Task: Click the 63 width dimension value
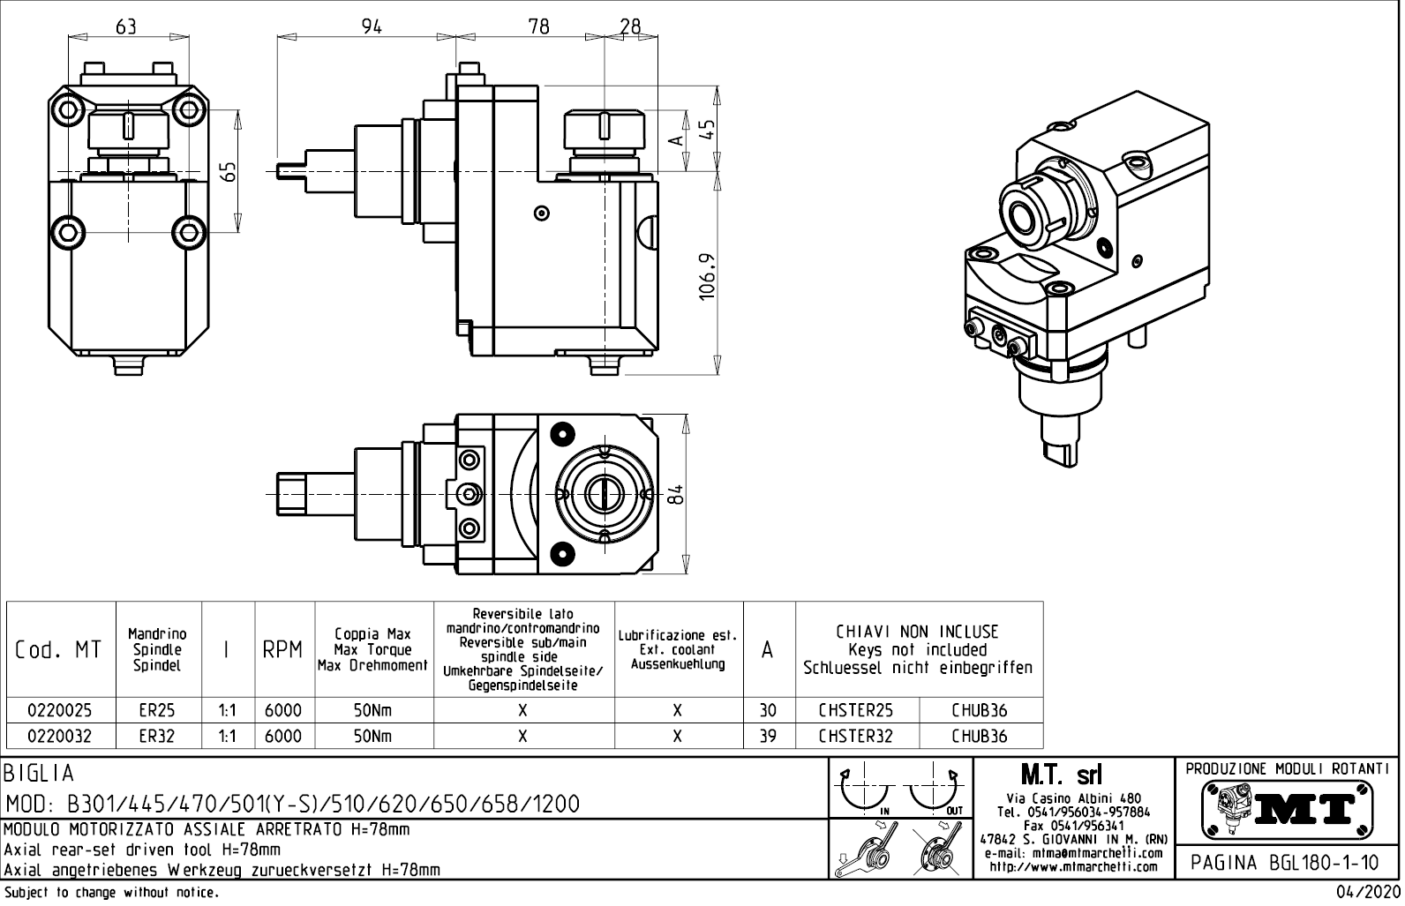(x=126, y=26)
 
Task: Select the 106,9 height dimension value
(x=707, y=276)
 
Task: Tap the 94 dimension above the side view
(x=372, y=26)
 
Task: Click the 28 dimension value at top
(x=629, y=26)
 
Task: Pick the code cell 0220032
(x=60, y=736)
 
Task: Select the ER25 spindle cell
(x=157, y=710)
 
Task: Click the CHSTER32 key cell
(x=856, y=736)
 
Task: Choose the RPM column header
(x=283, y=650)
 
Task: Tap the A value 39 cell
(x=768, y=736)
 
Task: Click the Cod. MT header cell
(x=59, y=650)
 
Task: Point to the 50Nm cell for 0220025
(x=373, y=710)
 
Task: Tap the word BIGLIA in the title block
(x=40, y=774)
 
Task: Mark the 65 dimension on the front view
(x=229, y=171)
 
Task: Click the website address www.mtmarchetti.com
(x=1072, y=866)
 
